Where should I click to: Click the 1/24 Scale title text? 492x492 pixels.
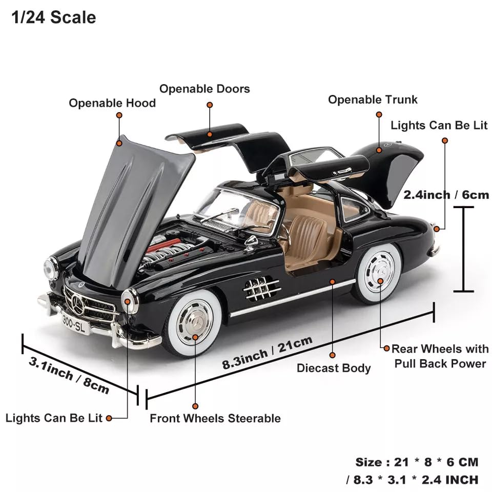coord(53,17)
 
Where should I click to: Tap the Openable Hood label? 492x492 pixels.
coord(112,103)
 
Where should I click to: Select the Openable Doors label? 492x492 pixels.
coord(204,89)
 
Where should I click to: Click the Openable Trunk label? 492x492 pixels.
coord(373,99)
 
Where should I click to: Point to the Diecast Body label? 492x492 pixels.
coord(334,368)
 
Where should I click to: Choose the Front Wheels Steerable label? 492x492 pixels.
coord(215,418)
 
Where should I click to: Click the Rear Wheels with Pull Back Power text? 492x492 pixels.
coord(440,356)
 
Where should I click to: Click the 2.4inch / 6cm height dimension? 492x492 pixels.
coord(446,195)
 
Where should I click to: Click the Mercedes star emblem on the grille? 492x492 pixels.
coord(78,304)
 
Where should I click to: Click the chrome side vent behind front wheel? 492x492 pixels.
coord(262,289)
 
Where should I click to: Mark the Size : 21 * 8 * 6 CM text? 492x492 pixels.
coord(417,462)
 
